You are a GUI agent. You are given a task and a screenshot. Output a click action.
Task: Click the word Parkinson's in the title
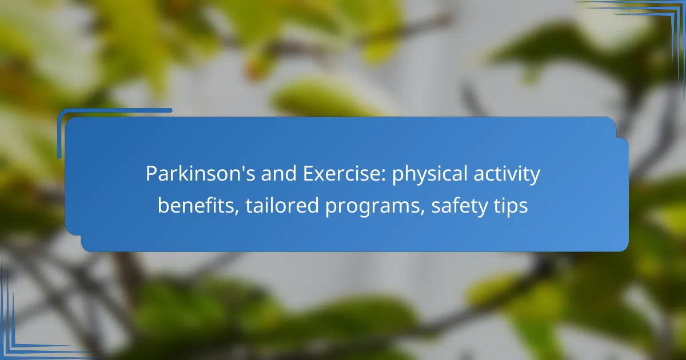click(200, 174)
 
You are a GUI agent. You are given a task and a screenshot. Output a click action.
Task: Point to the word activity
click(507, 174)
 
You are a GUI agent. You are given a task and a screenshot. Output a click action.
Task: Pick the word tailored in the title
click(282, 205)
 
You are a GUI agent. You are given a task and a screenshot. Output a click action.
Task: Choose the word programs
click(372, 207)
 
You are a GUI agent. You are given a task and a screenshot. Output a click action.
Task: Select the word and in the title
click(279, 174)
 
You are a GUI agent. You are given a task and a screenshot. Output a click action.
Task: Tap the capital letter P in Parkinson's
click(151, 174)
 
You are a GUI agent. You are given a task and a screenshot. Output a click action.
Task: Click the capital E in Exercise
click(308, 174)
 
